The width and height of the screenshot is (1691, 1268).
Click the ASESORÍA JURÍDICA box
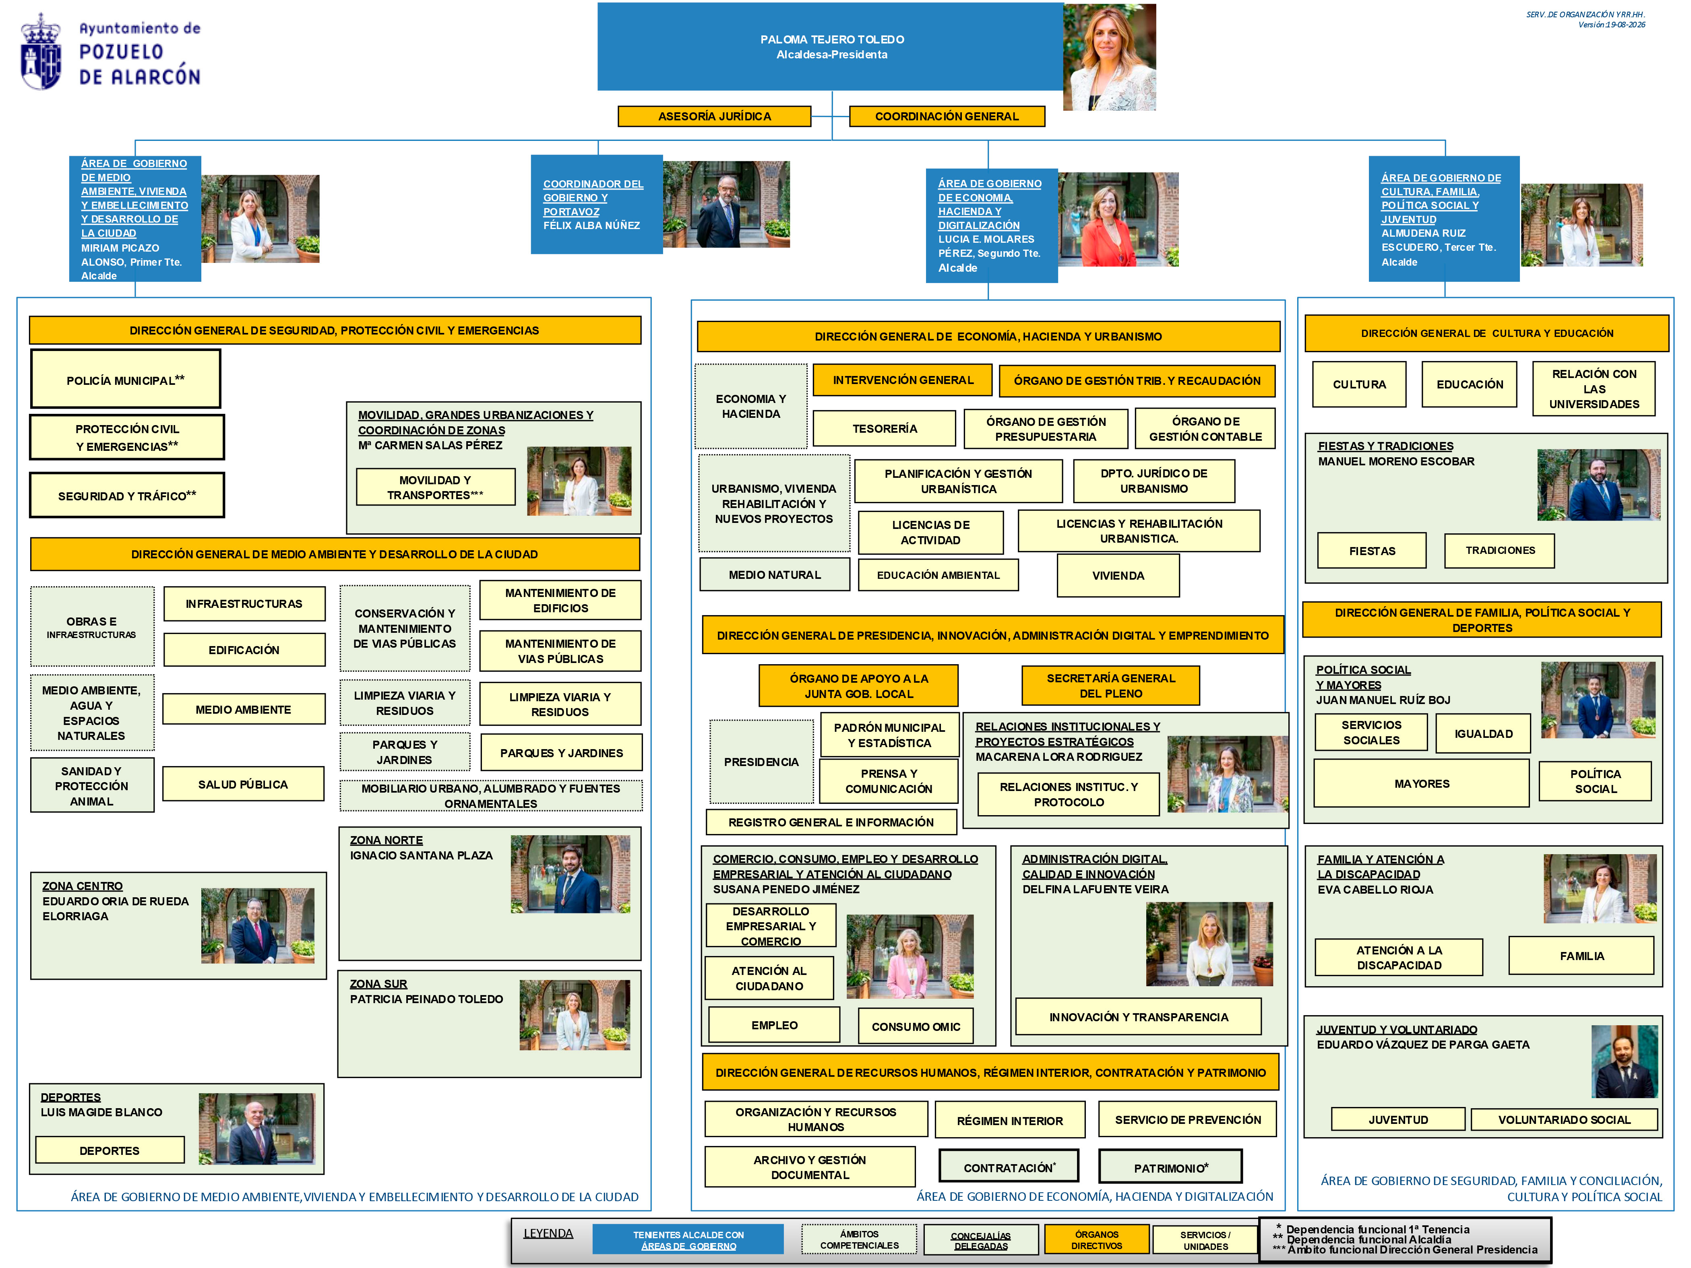[x=714, y=116]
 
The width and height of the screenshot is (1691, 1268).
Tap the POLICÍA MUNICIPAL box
[x=125, y=379]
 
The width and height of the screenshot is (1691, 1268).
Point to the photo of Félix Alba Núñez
[x=726, y=204]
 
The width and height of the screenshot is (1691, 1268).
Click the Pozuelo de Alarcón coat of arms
[x=41, y=52]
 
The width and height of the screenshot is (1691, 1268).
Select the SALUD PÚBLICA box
[x=243, y=784]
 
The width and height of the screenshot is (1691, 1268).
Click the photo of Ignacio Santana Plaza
[x=570, y=874]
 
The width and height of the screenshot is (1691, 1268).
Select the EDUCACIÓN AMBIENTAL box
[x=938, y=575]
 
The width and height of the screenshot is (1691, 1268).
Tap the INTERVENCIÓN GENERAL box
[x=903, y=380]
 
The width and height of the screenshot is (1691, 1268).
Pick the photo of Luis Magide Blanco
[x=257, y=1129]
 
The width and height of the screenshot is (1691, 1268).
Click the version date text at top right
[x=1612, y=25]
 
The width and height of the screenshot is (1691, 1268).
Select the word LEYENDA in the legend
[x=548, y=1233]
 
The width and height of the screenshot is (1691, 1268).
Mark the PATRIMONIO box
[x=1170, y=1167]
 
